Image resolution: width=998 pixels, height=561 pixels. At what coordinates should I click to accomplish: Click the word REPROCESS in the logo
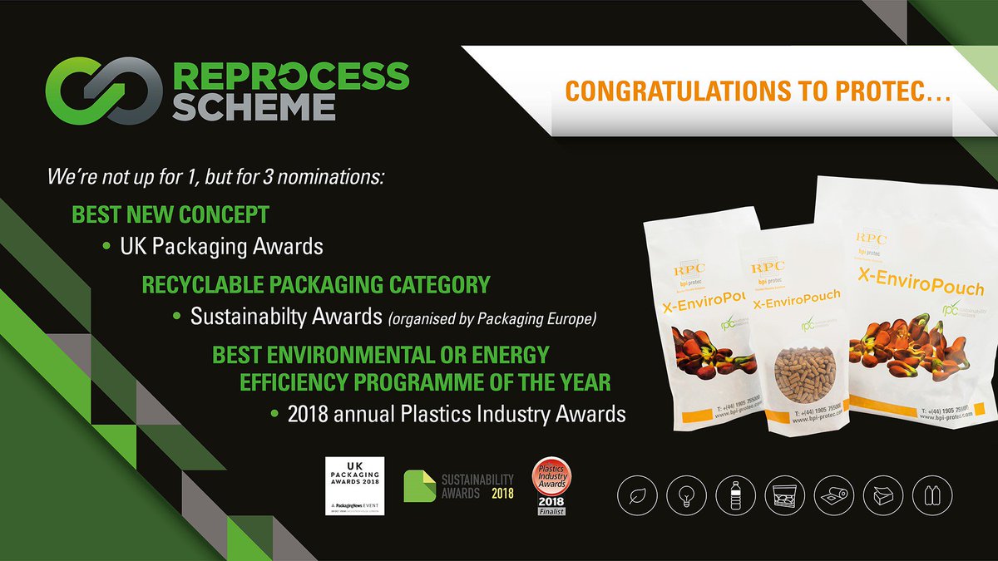pyautogui.click(x=291, y=76)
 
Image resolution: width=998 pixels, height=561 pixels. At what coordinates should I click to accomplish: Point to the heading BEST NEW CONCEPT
pyautogui.click(x=170, y=214)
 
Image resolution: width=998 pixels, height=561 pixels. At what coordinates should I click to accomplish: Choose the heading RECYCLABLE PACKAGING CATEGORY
pyautogui.click(x=316, y=285)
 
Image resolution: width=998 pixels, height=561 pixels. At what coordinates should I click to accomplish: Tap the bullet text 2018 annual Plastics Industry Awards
pyautogui.click(x=457, y=413)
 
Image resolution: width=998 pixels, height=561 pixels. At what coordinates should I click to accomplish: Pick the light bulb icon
pyautogui.click(x=687, y=496)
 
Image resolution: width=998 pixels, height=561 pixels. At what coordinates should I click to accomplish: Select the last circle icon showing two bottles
pyautogui.click(x=935, y=496)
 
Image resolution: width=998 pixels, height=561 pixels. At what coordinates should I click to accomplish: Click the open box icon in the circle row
pyautogui.click(x=885, y=496)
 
